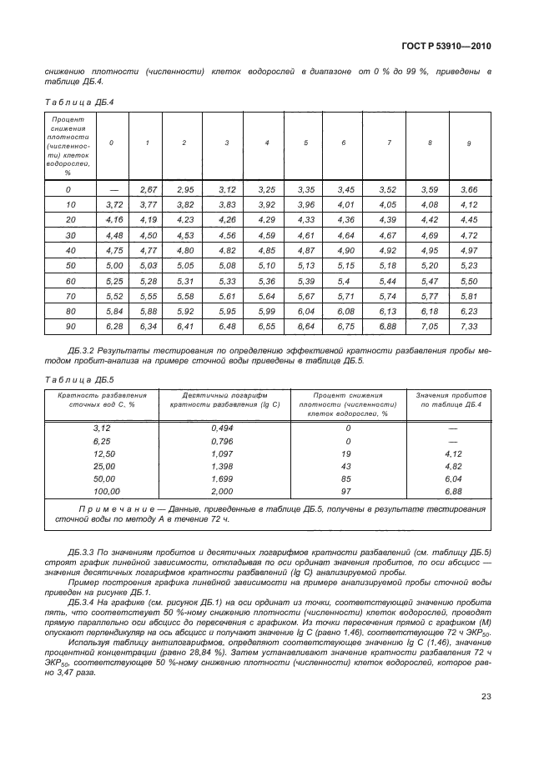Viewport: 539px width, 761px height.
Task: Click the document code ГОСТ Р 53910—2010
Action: (x=447, y=47)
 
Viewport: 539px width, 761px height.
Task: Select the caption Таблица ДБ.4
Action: (x=77, y=103)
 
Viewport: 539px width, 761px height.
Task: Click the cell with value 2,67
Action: (x=149, y=191)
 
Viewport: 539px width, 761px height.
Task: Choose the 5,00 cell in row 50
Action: (x=113, y=265)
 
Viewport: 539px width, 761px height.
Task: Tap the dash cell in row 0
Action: (x=113, y=191)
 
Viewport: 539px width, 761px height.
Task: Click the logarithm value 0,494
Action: (x=224, y=427)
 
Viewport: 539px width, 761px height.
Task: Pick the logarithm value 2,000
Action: (x=224, y=492)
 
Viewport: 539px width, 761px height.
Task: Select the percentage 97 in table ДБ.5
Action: (x=346, y=492)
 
